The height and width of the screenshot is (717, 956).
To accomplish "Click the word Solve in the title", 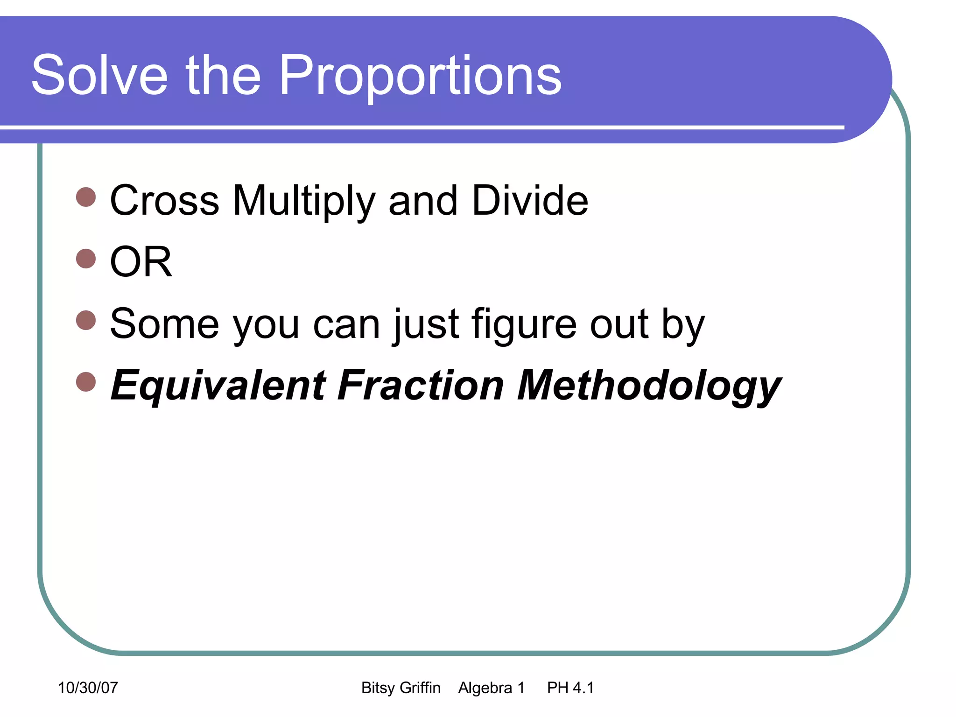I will [99, 76].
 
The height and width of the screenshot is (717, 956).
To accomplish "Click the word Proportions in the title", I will [420, 76].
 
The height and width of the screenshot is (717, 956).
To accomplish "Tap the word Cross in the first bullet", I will [164, 201].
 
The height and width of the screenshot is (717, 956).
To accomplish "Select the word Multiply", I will [303, 201].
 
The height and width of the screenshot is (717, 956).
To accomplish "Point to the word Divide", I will [530, 201].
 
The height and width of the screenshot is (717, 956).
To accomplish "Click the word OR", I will [141, 262].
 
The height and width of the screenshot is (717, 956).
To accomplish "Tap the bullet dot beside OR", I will [86, 258].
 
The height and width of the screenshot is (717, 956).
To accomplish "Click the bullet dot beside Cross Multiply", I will [86, 197].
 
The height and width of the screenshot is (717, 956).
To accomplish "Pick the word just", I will [426, 324].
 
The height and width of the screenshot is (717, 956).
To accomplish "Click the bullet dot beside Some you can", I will [86, 320].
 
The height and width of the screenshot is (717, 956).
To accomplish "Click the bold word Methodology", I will [649, 386].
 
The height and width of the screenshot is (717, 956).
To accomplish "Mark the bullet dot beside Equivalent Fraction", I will [86, 381].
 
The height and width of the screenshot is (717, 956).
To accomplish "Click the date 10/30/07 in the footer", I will [88, 688].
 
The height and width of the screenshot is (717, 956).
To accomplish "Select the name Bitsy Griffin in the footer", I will [401, 688].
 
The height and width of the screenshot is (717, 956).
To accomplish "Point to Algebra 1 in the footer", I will [491, 688].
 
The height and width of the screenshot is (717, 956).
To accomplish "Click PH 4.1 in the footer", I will [570, 688].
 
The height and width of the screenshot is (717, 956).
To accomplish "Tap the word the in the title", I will [223, 76].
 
